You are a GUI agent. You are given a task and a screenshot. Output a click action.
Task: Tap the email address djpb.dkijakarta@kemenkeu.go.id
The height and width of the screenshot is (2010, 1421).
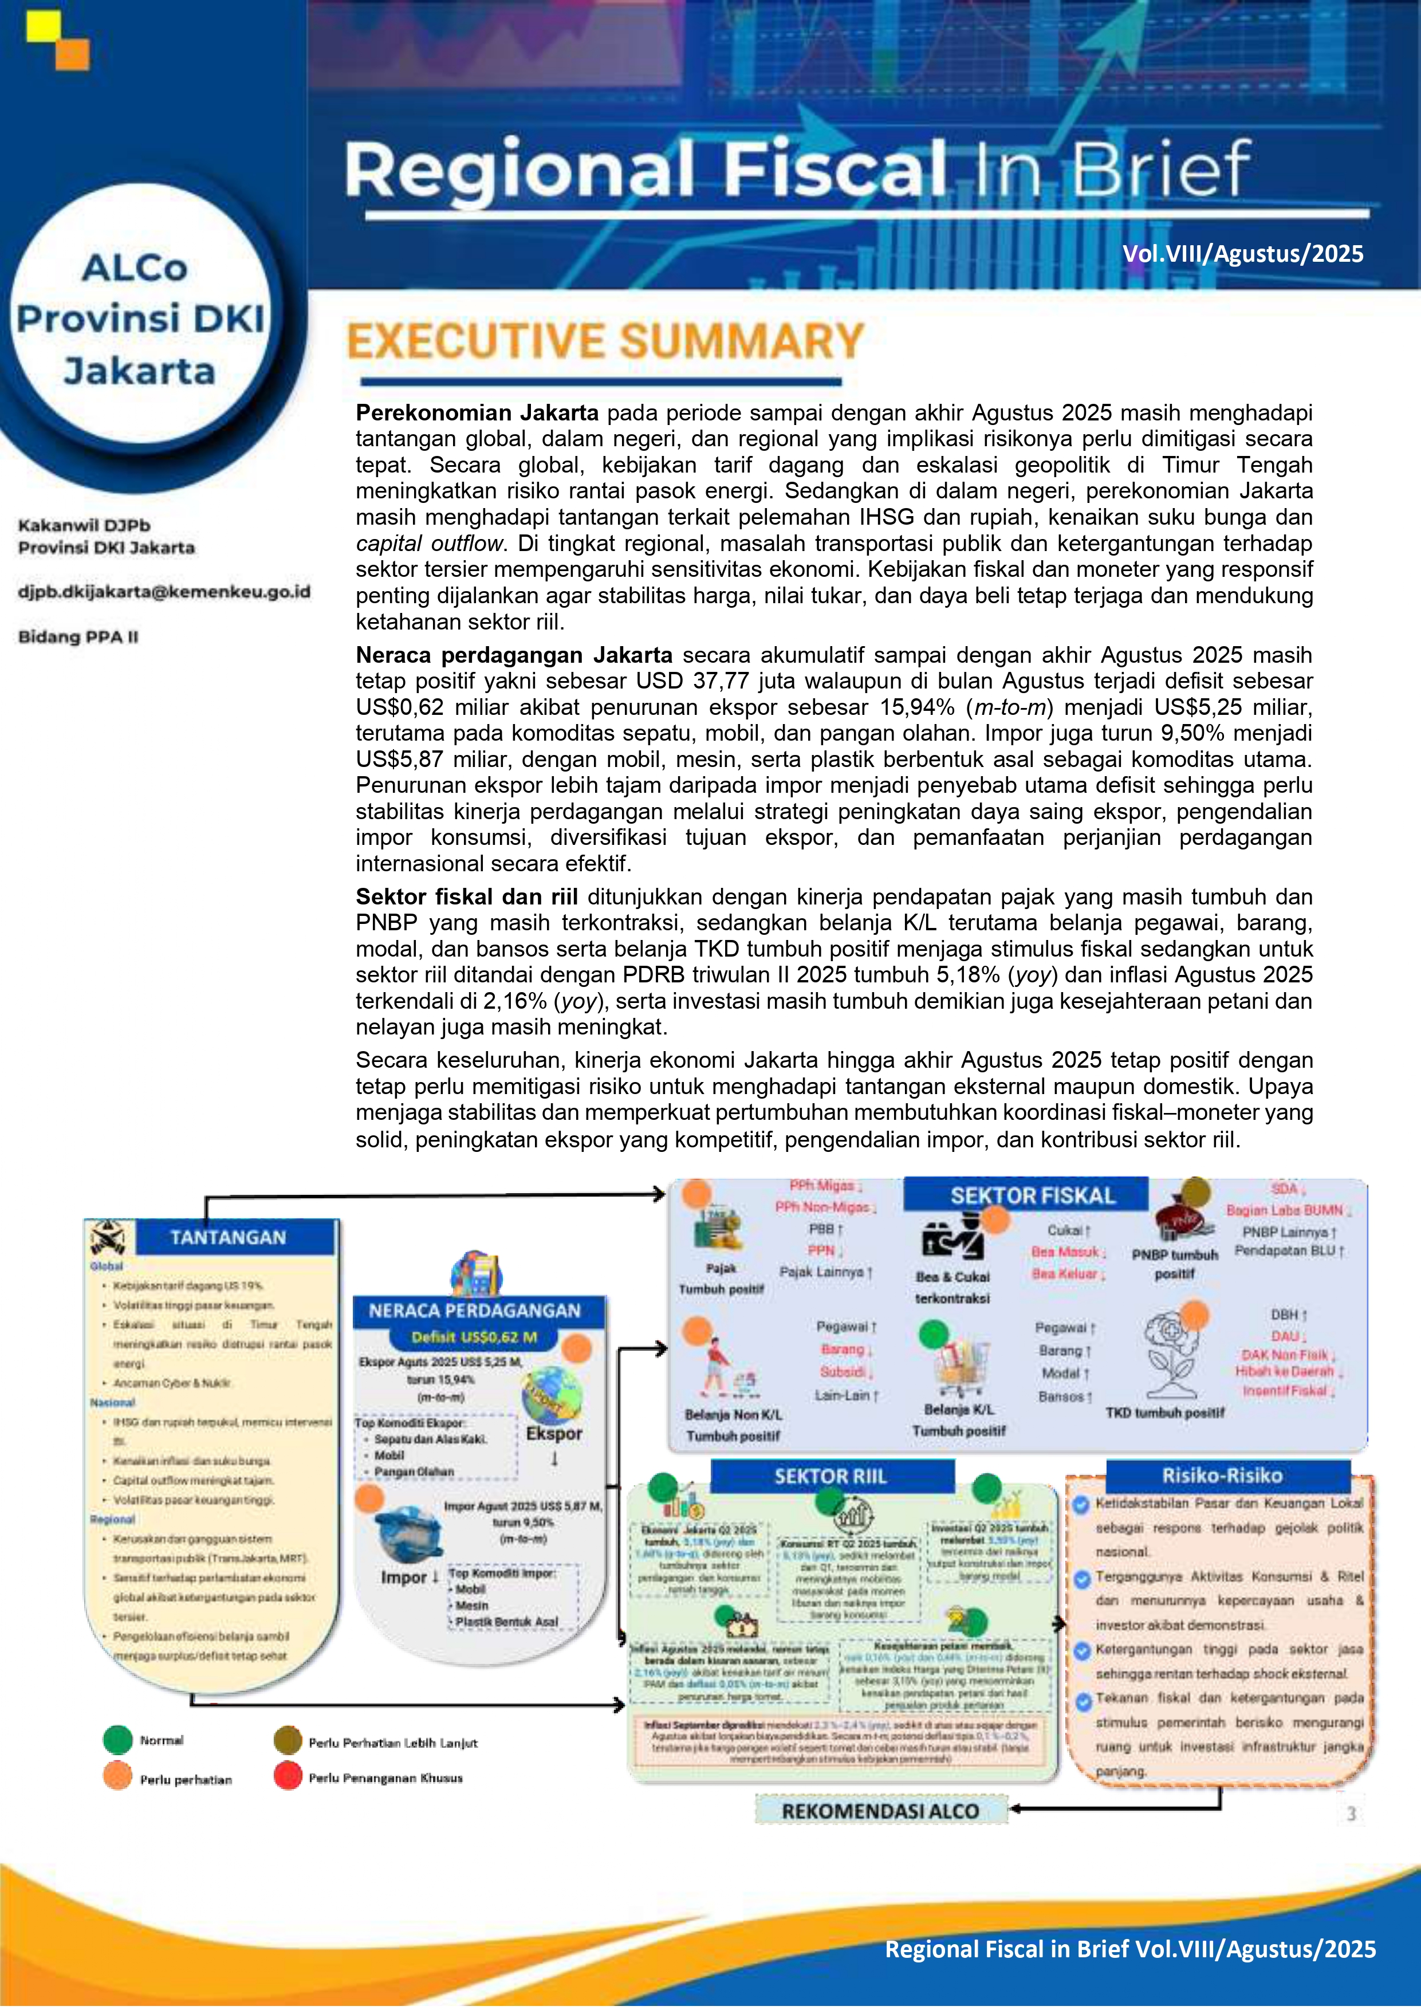pyautogui.click(x=164, y=592)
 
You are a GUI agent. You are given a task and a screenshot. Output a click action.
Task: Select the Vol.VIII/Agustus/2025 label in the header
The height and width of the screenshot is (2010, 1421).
pyautogui.click(x=1242, y=254)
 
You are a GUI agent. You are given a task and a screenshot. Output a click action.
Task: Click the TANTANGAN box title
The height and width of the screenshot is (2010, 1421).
pyautogui.click(x=227, y=1237)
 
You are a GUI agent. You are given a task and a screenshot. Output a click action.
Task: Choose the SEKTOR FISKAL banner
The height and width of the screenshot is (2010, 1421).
pyautogui.click(x=1032, y=1196)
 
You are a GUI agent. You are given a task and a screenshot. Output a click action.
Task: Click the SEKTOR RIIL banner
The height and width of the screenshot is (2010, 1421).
pyautogui.click(x=830, y=1477)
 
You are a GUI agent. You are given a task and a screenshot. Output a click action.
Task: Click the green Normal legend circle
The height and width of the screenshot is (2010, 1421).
pyautogui.click(x=117, y=1740)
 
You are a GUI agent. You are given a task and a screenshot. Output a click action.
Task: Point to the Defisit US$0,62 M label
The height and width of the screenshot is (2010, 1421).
pyautogui.click(x=474, y=1337)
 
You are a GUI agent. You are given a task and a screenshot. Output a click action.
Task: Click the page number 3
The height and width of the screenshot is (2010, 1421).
pyautogui.click(x=1351, y=1814)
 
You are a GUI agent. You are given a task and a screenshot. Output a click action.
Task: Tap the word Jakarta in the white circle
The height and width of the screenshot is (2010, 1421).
pyautogui.click(x=139, y=371)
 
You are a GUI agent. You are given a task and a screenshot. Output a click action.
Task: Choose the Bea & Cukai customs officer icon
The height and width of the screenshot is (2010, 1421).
pyautogui.click(x=952, y=1237)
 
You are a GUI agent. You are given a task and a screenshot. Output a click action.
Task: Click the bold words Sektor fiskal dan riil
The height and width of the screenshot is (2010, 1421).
pyautogui.click(x=466, y=896)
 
